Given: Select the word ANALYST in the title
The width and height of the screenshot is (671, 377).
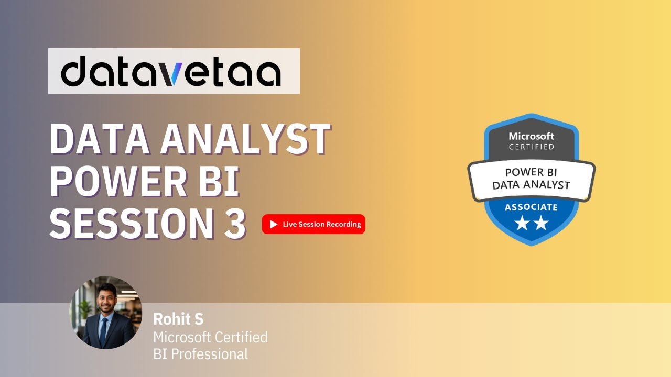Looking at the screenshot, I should [x=246, y=140].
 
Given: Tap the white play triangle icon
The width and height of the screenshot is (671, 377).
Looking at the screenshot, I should [x=273, y=224].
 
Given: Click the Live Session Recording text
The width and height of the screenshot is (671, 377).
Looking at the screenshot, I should [x=321, y=224].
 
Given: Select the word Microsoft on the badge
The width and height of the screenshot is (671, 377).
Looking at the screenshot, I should [x=532, y=136].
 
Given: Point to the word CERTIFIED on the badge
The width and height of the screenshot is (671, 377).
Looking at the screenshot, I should [x=532, y=147].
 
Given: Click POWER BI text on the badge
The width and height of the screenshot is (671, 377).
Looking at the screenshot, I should [x=531, y=172].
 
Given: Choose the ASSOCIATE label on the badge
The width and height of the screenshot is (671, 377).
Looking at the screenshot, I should [x=531, y=207].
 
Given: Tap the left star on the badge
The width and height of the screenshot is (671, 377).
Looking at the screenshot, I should [x=522, y=224].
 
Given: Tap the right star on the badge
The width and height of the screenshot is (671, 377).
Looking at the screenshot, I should [x=540, y=224].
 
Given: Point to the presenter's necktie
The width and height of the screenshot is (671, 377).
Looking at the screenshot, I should [x=104, y=330].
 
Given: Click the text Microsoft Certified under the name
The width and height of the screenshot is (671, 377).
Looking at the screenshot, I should [x=210, y=337].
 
